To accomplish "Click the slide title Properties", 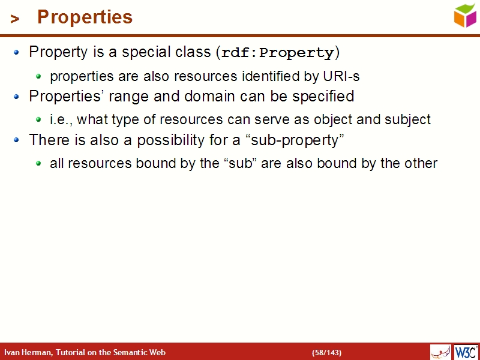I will tap(85, 17).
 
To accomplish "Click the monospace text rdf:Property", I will tap(277, 53).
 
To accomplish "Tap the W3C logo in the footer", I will tap(466, 352).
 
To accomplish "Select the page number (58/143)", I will tap(326, 352).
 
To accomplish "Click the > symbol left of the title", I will tap(15, 19).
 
